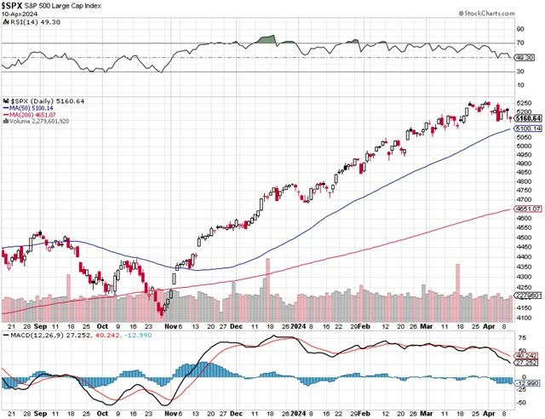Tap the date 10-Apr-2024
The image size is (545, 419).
pos(19,16)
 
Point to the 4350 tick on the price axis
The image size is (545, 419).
pos(524,266)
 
